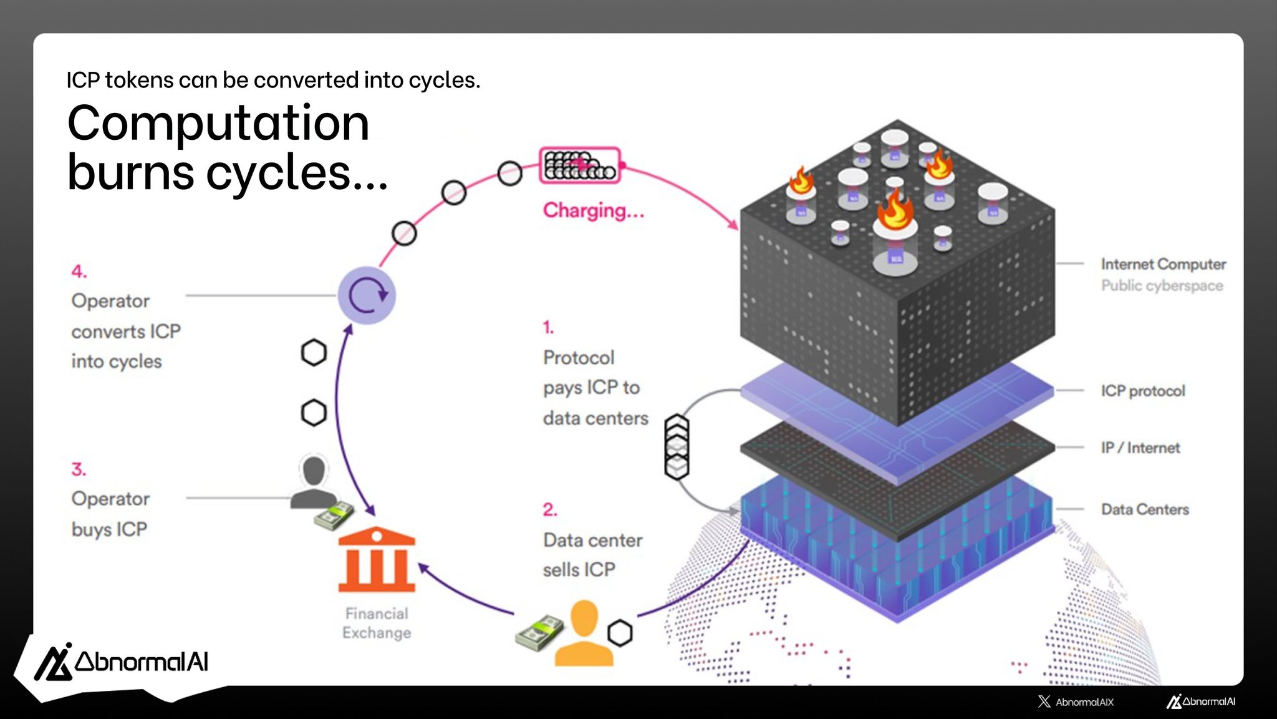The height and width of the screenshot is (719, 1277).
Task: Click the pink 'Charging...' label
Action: click(593, 210)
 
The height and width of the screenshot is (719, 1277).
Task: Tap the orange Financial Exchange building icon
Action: click(377, 560)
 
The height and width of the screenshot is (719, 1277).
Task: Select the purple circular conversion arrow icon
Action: click(367, 295)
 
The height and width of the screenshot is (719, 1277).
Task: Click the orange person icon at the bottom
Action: click(584, 633)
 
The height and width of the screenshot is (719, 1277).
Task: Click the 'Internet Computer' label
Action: click(1163, 264)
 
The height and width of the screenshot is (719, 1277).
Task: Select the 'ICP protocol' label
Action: click(1142, 391)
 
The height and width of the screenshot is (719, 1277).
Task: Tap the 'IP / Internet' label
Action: click(1140, 448)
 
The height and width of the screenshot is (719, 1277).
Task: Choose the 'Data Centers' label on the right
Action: click(1145, 509)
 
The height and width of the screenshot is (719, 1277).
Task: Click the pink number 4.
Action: click(79, 271)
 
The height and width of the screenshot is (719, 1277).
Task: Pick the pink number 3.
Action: click(79, 469)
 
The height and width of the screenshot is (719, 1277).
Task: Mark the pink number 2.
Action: click(549, 510)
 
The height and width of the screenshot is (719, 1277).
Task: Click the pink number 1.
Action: click(548, 327)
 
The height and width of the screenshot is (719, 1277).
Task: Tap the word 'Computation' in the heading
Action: click(218, 123)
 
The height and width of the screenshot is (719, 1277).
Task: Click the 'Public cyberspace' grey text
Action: click(1162, 286)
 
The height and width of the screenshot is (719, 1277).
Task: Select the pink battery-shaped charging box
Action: click(580, 165)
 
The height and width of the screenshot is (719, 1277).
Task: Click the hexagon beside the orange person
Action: click(620, 633)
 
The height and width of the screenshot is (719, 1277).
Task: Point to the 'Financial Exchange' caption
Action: click(377, 623)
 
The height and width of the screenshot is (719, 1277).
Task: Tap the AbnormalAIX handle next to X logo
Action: click(1084, 702)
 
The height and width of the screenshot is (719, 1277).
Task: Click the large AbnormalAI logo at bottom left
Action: click(122, 662)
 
